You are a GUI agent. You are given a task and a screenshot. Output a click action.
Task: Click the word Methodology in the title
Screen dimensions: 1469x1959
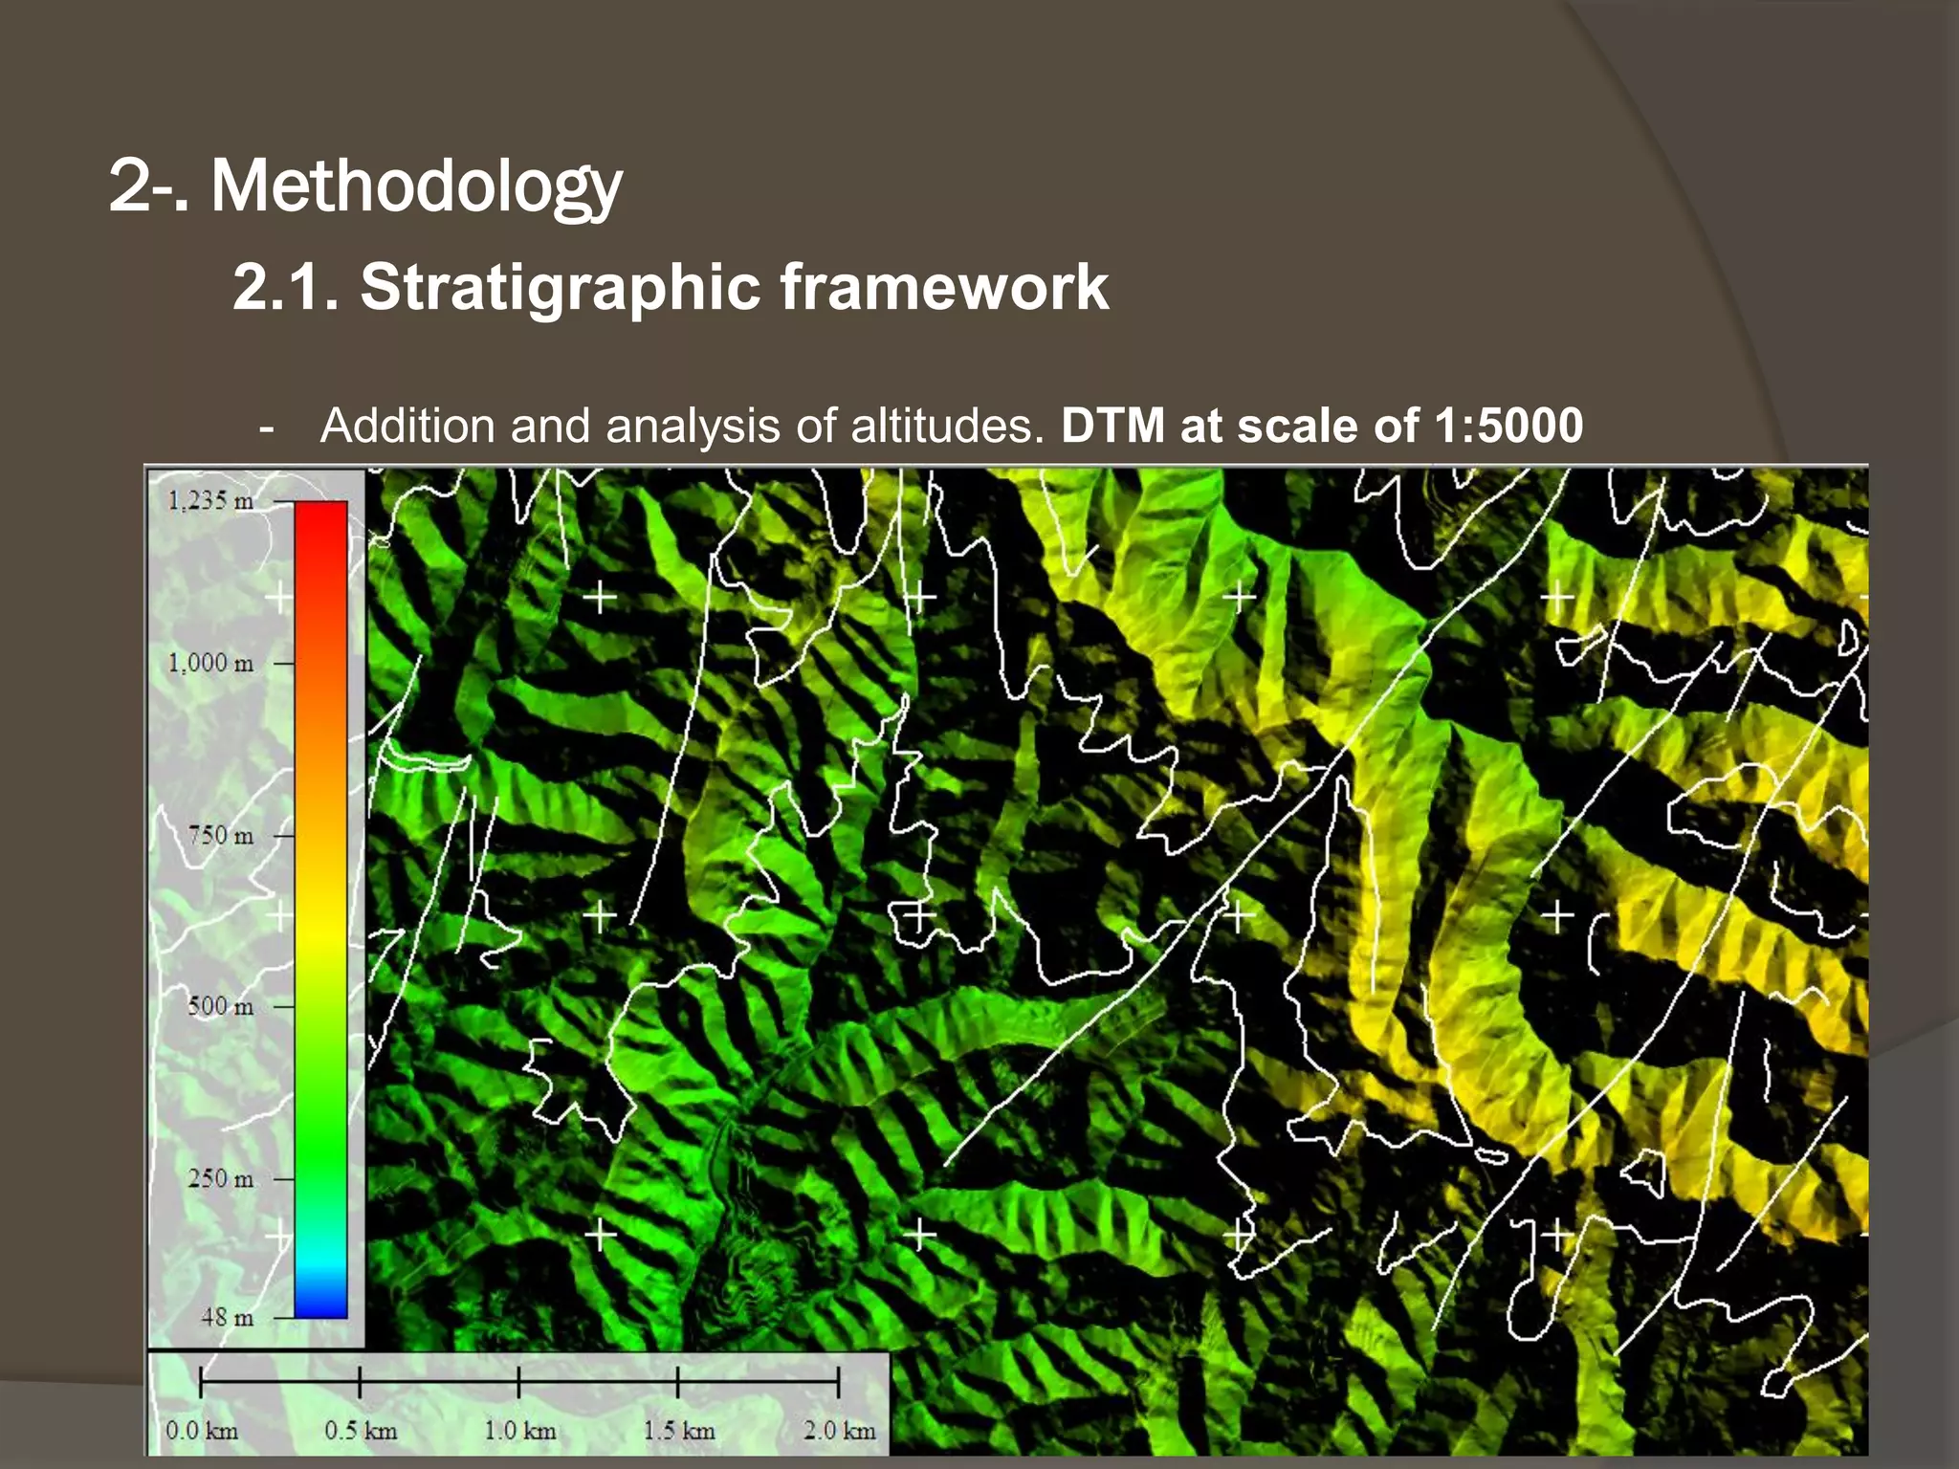(x=416, y=186)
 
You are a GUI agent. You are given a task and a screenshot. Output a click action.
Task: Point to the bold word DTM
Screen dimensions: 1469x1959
(x=1112, y=426)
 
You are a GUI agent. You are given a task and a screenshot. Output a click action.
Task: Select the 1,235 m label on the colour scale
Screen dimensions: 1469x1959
(x=210, y=500)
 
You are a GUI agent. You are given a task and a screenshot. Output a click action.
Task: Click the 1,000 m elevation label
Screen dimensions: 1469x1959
(x=210, y=663)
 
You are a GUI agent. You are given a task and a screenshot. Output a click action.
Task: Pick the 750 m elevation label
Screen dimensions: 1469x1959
(x=220, y=835)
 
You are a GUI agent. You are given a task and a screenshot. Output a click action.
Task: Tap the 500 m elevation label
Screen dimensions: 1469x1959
(x=220, y=1006)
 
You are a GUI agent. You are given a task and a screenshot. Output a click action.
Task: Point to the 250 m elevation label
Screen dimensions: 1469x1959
(x=220, y=1178)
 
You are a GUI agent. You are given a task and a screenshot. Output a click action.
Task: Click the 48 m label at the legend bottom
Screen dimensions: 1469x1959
(x=227, y=1317)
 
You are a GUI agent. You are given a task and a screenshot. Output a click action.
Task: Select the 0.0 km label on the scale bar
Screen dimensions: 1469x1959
(x=201, y=1431)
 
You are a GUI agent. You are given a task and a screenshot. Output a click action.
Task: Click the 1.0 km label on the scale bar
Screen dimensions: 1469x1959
(x=519, y=1431)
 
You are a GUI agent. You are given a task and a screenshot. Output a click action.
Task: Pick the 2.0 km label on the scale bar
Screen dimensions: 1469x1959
(x=839, y=1431)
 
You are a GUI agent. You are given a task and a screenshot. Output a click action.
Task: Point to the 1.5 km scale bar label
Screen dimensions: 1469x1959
(x=679, y=1431)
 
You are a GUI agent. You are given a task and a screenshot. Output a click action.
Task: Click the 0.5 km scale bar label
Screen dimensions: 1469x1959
(x=361, y=1431)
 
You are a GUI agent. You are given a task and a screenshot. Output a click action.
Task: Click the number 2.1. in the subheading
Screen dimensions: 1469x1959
(x=285, y=287)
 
